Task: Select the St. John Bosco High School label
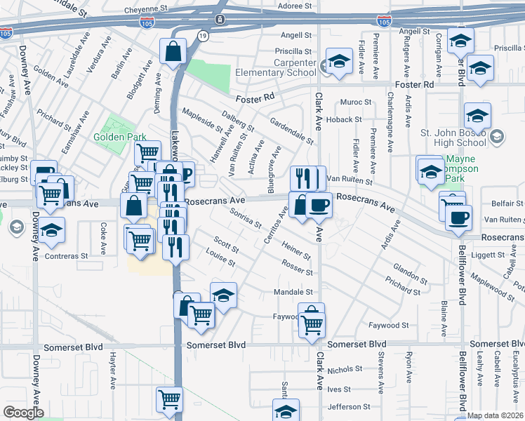tap(453, 137)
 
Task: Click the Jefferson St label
tap(348, 407)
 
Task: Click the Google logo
tap(23, 413)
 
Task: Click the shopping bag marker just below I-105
tap(173, 51)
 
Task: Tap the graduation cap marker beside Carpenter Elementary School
tap(339, 62)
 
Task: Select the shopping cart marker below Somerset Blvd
tap(170, 399)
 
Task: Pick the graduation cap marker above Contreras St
tap(51, 231)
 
